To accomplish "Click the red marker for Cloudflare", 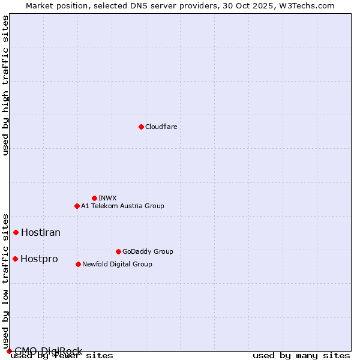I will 141,127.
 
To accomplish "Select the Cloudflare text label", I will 161,127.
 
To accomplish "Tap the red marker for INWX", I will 94,198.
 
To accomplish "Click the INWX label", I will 107,198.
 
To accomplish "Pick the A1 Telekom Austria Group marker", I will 77,206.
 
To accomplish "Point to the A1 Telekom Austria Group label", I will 122,206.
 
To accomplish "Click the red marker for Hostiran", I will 16,232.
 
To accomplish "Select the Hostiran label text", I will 41,232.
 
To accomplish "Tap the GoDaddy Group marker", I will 118,251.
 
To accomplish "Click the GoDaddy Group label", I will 148,251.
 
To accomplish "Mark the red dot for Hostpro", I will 16,259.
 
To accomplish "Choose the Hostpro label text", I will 39,259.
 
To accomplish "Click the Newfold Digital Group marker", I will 78,264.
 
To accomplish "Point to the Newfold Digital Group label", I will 117,264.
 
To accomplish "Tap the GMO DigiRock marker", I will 9,351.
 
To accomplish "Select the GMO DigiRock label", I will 48,351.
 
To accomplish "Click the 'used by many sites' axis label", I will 301,356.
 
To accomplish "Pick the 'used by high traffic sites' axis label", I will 6,85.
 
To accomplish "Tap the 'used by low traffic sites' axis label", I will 6,281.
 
